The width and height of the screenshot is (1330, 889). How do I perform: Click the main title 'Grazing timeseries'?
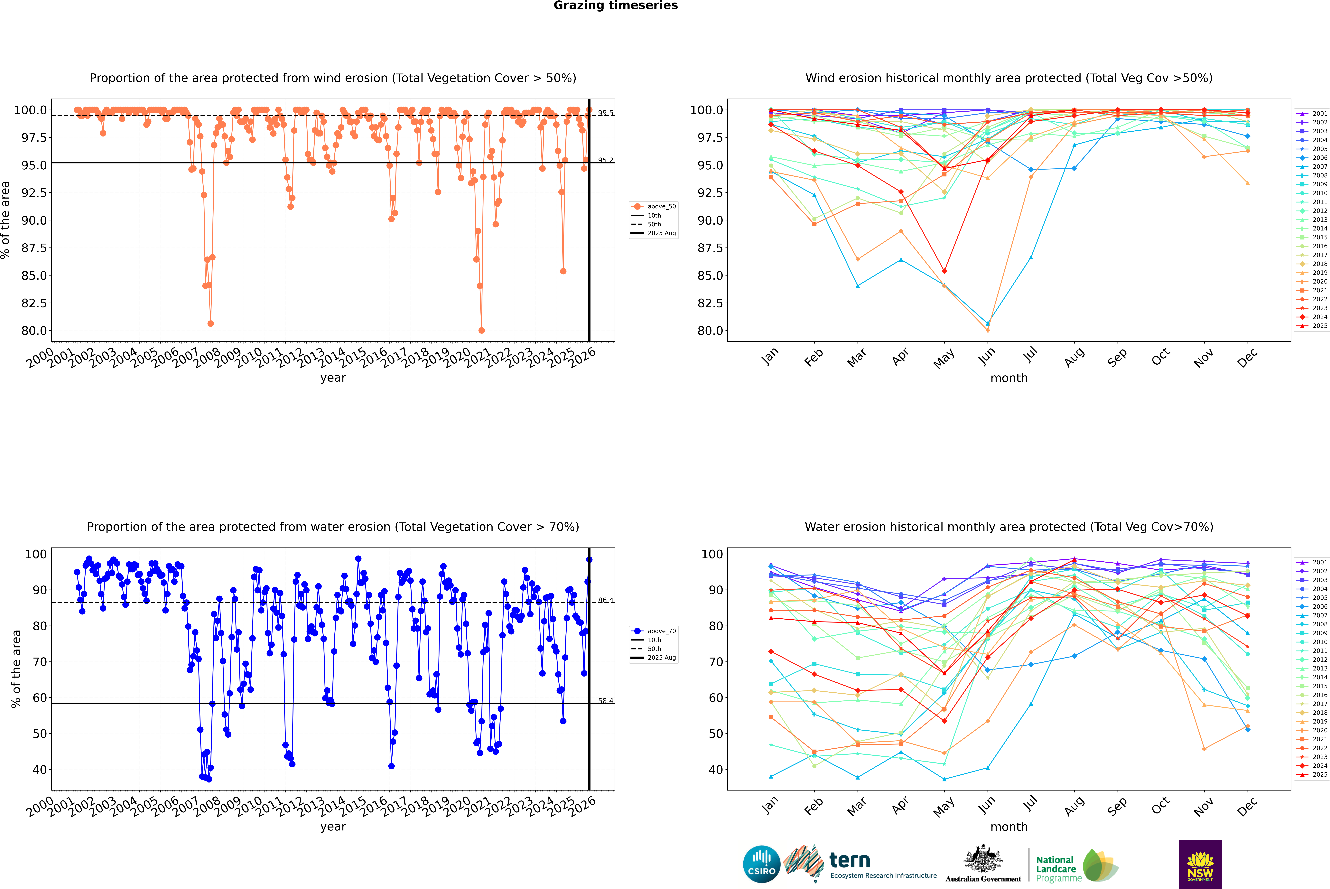616,6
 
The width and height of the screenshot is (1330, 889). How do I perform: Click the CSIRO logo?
761,864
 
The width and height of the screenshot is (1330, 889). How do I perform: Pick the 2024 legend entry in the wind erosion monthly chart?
1319,317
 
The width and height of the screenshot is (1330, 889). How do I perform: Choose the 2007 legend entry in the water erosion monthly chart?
1319,615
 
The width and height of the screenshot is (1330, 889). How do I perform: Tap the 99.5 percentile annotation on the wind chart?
605,113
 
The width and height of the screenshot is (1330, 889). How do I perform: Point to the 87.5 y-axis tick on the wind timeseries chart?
34,248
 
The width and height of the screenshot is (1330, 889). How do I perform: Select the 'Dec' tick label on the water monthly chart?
1247,806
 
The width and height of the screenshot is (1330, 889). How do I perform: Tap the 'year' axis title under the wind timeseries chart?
333,378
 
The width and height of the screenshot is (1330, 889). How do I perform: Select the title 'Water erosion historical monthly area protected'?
1009,527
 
